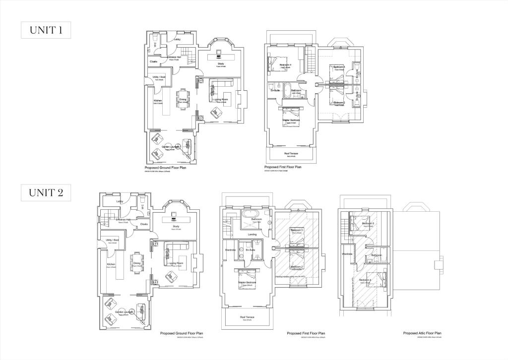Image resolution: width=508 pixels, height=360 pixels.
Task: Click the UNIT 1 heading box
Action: (x=46, y=30)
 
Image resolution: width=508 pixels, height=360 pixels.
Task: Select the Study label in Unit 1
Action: (x=221, y=64)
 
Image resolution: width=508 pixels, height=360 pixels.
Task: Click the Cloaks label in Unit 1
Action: (x=154, y=61)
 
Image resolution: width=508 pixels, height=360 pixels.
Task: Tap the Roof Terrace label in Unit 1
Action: (x=290, y=154)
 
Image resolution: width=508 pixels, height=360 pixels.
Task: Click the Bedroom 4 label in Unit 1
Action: (x=285, y=65)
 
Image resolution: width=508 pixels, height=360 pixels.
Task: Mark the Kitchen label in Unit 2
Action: (x=111, y=264)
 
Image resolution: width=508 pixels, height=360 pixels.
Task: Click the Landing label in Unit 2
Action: (x=252, y=235)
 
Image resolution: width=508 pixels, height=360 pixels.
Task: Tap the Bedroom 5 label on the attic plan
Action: (x=368, y=224)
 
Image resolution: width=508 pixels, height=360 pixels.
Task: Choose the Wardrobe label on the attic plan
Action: (x=347, y=254)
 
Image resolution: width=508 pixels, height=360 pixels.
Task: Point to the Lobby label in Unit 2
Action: (x=120, y=201)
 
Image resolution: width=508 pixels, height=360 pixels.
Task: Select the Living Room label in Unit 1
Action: (x=221, y=100)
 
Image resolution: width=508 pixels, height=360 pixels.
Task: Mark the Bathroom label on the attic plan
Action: (x=376, y=255)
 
